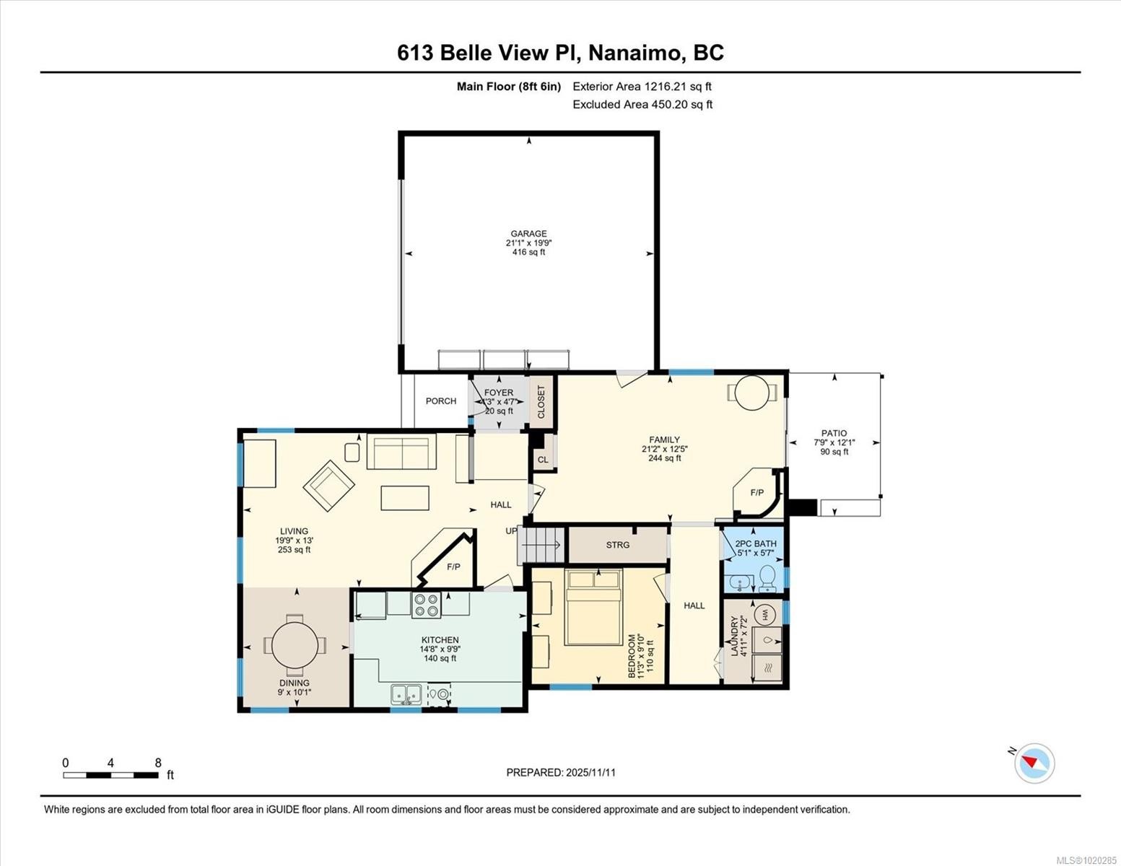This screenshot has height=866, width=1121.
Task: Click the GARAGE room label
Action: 528,234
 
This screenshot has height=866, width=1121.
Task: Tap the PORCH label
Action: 440,401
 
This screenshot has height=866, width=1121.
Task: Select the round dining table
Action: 295,644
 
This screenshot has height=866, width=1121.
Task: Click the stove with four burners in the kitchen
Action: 426,605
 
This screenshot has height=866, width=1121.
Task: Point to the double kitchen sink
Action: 406,694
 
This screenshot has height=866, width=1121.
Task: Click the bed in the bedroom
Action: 593,606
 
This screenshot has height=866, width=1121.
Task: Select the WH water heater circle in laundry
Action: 764,615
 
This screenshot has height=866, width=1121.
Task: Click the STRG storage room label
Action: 618,545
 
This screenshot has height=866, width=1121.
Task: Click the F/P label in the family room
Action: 756,493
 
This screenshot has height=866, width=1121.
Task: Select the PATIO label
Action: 834,434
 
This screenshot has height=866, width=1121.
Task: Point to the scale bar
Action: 111,775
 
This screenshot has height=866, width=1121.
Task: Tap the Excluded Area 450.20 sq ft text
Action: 642,105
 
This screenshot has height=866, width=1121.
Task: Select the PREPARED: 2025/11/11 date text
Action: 561,772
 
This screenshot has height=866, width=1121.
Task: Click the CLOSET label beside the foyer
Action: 541,402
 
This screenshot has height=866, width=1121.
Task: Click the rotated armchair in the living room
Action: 329,486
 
